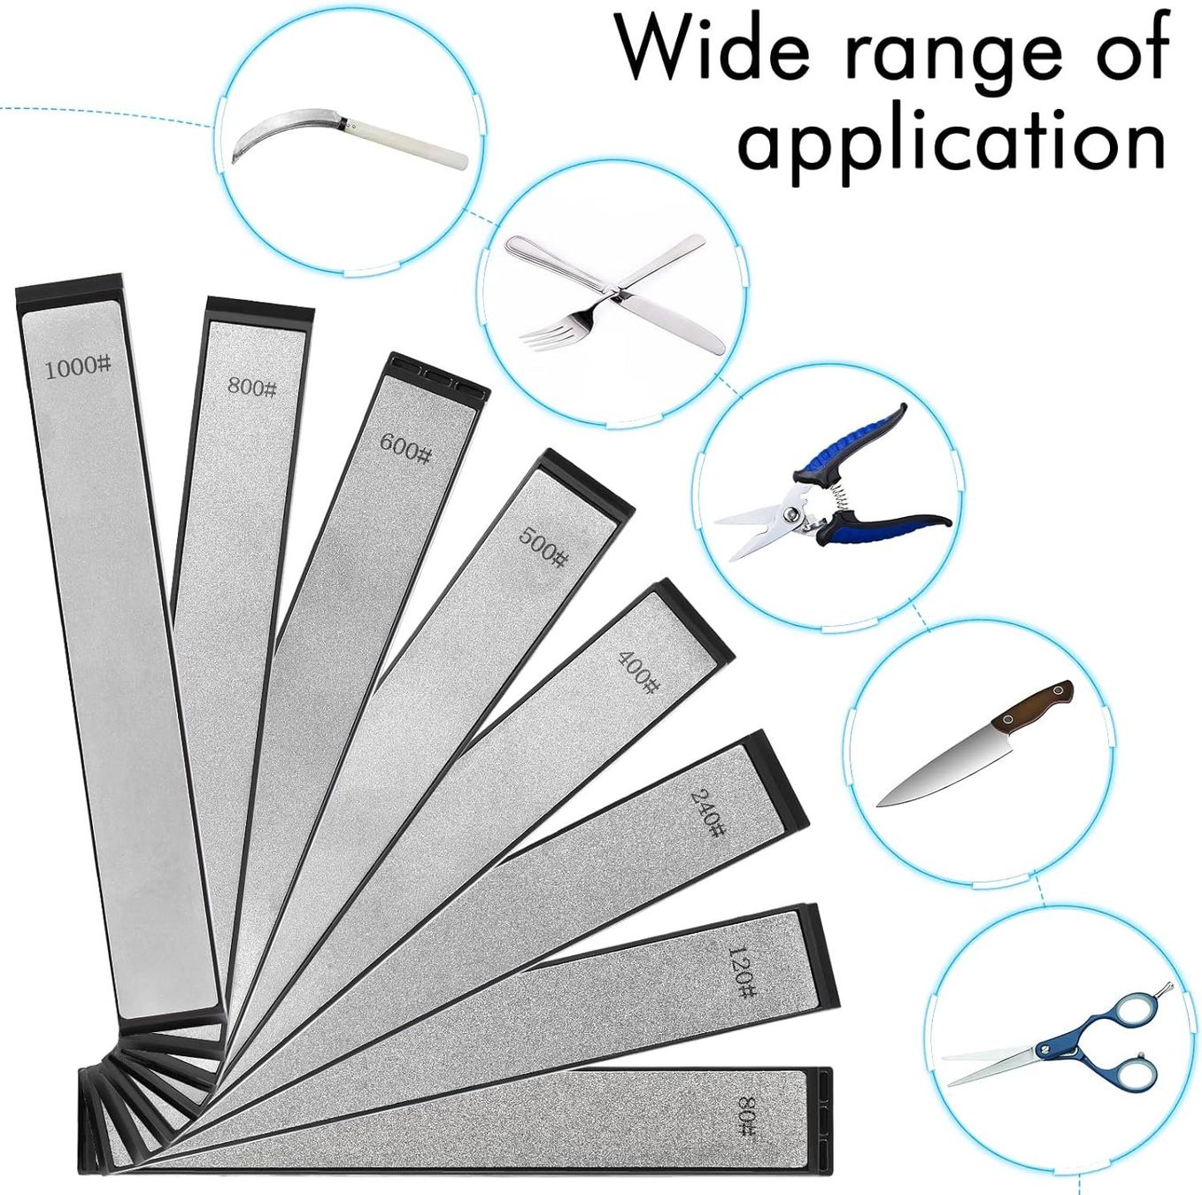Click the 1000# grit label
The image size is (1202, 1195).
79,367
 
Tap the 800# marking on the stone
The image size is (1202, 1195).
251,388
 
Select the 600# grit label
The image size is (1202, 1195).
405,447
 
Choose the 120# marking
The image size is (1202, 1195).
742,972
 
